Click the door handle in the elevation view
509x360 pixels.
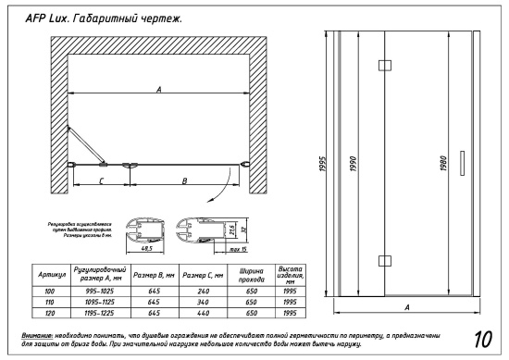tap(460, 159)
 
